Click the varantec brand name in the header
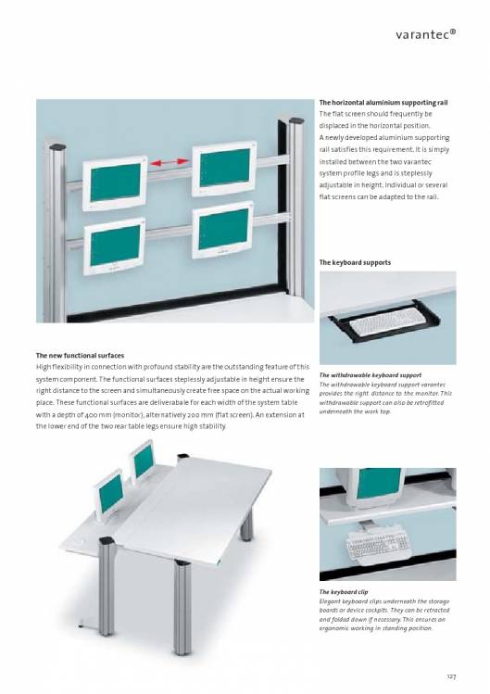pyautogui.click(x=425, y=34)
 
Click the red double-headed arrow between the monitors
pyautogui.click(x=169, y=163)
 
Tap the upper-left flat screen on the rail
pyautogui.click(x=115, y=183)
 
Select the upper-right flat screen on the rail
pyautogui.click(x=224, y=169)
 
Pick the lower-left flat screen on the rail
pyautogui.click(x=114, y=246)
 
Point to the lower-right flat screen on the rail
pyautogui.click(x=222, y=230)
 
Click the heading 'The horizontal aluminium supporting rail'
pyautogui.click(x=383, y=103)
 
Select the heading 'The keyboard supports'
pyautogui.click(x=355, y=262)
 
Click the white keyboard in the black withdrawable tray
pyautogui.click(x=386, y=322)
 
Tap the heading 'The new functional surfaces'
pyautogui.click(x=80, y=356)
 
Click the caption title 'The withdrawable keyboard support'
pyautogui.click(x=370, y=375)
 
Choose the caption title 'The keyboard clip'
pyautogui.click(x=344, y=592)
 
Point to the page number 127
pyautogui.click(x=451, y=676)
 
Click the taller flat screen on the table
pyautogui.click(x=143, y=462)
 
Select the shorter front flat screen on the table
pyautogui.click(x=109, y=495)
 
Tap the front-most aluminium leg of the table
pyautogui.click(x=182, y=608)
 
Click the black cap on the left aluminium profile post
pyautogui.click(x=57, y=146)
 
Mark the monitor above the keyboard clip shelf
pyautogui.click(x=375, y=486)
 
